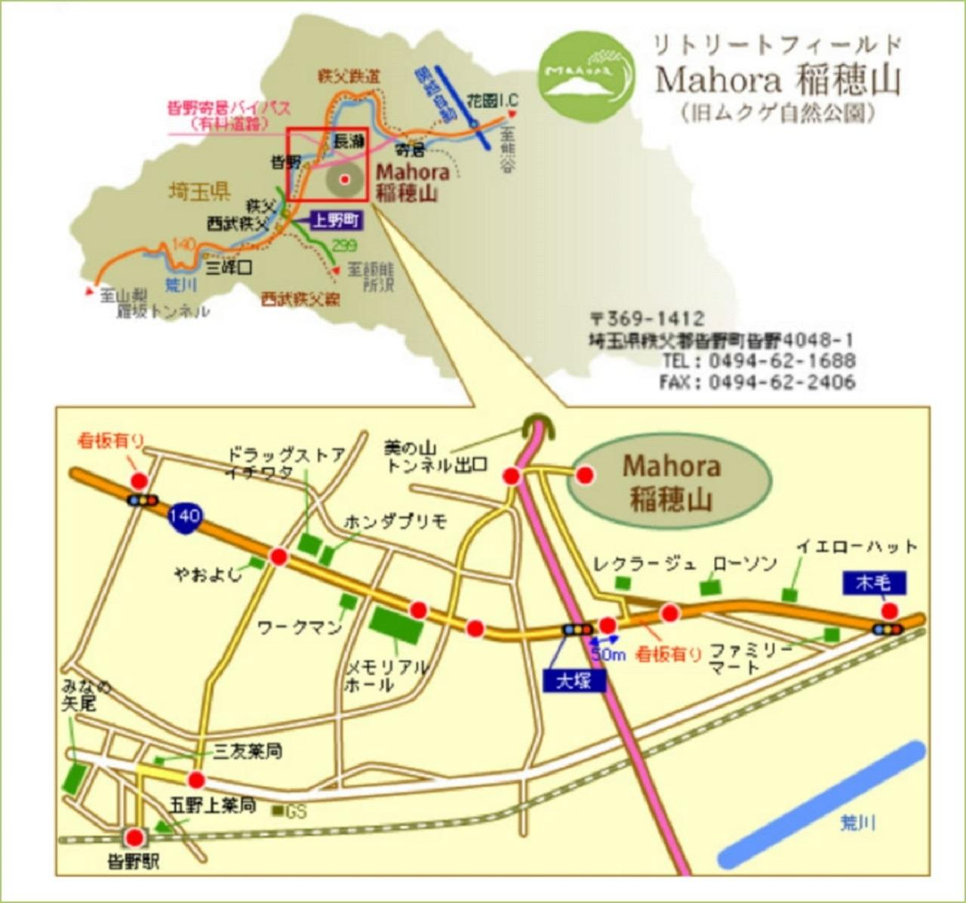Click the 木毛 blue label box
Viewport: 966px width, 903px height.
point(874,582)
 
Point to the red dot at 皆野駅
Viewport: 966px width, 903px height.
point(136,837)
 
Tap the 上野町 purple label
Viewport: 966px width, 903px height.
point(336,220)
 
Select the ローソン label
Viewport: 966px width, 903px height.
point(745,564)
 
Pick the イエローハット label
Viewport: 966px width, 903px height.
point(857,546)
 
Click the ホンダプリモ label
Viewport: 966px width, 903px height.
point(395,522)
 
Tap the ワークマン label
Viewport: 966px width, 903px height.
point(300,627)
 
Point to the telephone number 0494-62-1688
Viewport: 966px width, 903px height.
point(781,361)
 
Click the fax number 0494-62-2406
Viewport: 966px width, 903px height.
point(781,382)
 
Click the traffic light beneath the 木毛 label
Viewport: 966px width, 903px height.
point(887,629)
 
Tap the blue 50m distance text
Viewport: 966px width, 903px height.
point(608,655)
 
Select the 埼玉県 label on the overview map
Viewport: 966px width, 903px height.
point(199,191)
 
